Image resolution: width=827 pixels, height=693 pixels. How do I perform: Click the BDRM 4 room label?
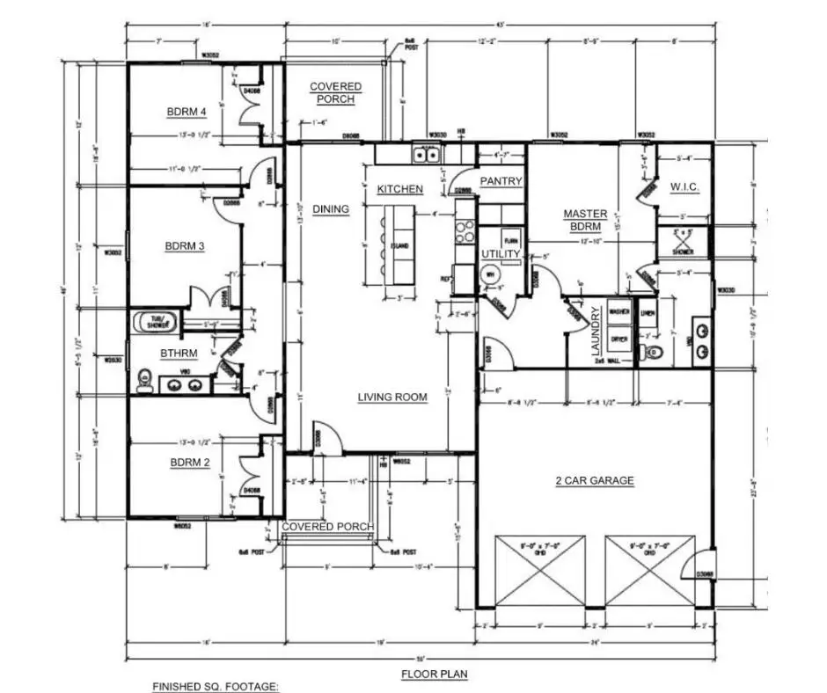(x=187, y=112)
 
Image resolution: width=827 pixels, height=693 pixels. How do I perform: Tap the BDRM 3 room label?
(x=185, y=246)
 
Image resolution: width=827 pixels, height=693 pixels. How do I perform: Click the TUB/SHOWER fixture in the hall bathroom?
(x=155, y=322)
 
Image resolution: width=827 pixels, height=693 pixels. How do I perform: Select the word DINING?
(x=330, y=209)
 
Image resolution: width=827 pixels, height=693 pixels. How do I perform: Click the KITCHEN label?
(x=400, y=189)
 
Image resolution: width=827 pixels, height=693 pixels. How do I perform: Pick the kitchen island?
(x=399, y=246)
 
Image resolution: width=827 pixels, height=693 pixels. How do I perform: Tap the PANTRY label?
(x=501, y=181)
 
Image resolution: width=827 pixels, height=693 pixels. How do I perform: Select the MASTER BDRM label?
(x=586, y=220)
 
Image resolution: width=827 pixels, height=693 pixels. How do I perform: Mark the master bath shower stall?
(x=683, y=243)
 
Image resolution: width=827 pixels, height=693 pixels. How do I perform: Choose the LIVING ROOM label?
(x=392, y=398)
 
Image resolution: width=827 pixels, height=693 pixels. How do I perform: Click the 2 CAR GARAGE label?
(x=595, y=480)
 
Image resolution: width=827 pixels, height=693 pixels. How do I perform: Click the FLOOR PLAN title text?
(x=435, y=675)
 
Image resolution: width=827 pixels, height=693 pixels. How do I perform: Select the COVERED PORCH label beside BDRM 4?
(x=335, y=92)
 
